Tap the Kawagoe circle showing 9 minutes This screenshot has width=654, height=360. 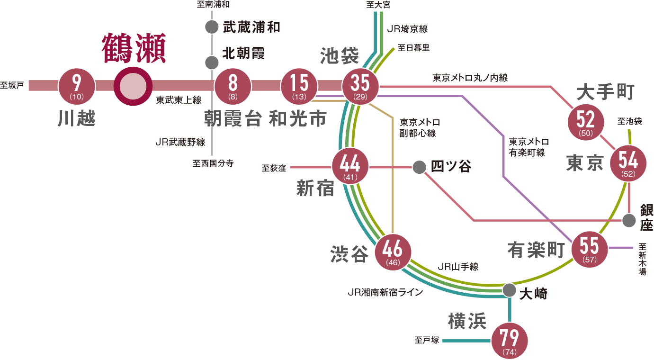pyautogui.click(x=76, y=86)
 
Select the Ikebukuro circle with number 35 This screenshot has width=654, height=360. pyautogui.click(x=360, y=86)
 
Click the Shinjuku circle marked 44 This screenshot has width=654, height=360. pyautogui.click(x=350, y=167)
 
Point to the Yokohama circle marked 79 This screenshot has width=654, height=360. pyautogui.click(x=510, y=341)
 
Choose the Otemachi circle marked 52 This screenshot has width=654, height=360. pyautogui.click(x=586, y=122)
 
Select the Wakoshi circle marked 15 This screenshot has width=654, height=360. pyautogui.click(x=299, y=86)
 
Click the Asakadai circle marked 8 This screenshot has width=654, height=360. pyautogui.click(x=233, y=86)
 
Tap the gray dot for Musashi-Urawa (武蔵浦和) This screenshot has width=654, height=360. pyautogui.click(x=212, y=27)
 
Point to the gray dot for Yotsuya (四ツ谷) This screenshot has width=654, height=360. pyautogui.click(x=419, y=167)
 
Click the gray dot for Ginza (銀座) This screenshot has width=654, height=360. pyautogui.click(x=629, y=220)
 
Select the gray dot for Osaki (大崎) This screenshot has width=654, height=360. pyautogui.click(x=510, y=290)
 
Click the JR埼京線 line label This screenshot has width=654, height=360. pyautogui.click(x=407, y=29)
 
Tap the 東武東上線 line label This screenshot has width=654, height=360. pyautogui.click(x=179, y=100)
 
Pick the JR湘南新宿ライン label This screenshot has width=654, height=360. pyautogui.click(x=385, y=292)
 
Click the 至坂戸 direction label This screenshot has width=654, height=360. pyautogui.click(x=12, y=86)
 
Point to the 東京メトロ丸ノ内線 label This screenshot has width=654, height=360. pyautogui.click(x=470, y=78)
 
